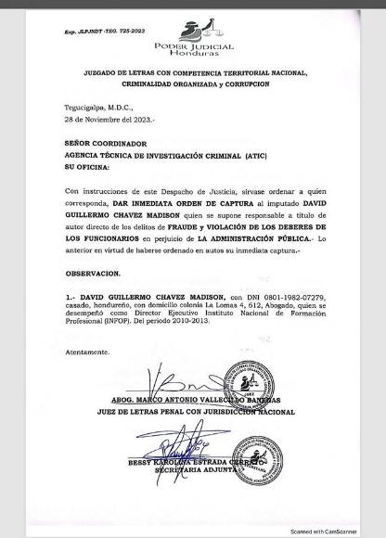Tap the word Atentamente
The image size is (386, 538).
click(88, 353)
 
